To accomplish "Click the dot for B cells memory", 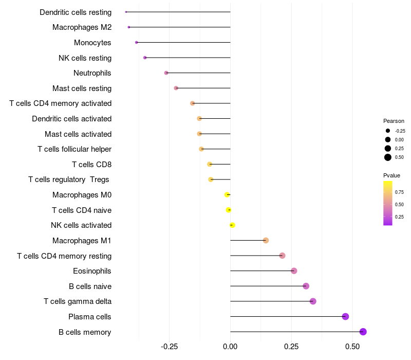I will point(363,332).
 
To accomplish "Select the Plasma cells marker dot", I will point(345,316).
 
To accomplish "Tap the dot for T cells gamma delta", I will point(313,301).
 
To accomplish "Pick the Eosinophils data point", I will point(294,271).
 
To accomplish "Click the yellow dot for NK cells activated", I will point(232,225).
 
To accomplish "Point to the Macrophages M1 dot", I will point(266,240).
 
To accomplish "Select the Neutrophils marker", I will point(166,73).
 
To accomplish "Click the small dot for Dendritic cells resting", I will point(126,12).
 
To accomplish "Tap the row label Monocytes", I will point(92,43).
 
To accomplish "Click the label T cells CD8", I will point(91,165).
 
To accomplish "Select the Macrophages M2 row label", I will point(82,27).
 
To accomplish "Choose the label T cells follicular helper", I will point(74,149).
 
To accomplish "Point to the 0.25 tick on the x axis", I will point(291,347).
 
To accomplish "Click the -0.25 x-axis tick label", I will point(169,347).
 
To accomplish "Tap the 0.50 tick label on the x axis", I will point(352,347).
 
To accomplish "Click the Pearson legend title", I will point(394,121).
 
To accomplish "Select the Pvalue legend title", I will point(391,175).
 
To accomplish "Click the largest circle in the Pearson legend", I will point(388,157).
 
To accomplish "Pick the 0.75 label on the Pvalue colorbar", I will point(399,192).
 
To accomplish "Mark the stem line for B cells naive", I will point(267,286).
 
